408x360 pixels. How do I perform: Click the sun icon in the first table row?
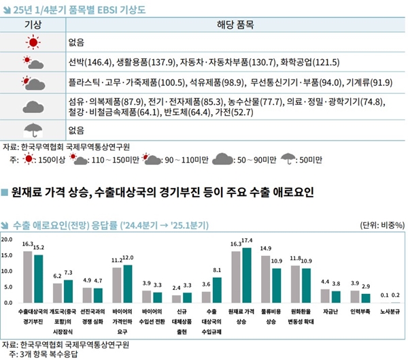pyautogui.click(x=33, y=42)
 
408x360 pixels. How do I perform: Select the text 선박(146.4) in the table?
pyautogui.click(x=88, y=63)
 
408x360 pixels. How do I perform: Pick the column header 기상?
pyautogui.click(x=33, y=24)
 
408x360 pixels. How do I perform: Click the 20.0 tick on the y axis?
pyautogui.click(x=7, y=240)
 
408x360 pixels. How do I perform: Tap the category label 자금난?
pyautogui.click(x=330, y=312)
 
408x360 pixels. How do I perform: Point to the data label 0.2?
pyautogui.click(x=396, y=295)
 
